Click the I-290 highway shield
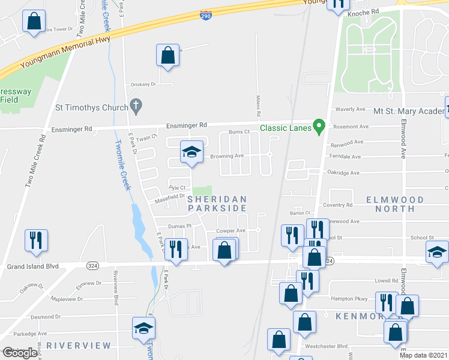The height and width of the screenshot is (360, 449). tap(206, 14)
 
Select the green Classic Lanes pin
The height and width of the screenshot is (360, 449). tap(320, 127)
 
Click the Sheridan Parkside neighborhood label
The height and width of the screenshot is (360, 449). tap(217, 203)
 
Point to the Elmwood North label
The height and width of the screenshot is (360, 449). tap(395, 204)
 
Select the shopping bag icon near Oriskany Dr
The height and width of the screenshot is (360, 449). tap(168, 55)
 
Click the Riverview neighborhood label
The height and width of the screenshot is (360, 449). tap(79, 346)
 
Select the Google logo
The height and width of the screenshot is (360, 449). tap(19, 353)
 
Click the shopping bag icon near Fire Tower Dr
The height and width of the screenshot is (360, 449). tap(34, 22)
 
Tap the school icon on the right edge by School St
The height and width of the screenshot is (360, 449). tap(437, 252)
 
